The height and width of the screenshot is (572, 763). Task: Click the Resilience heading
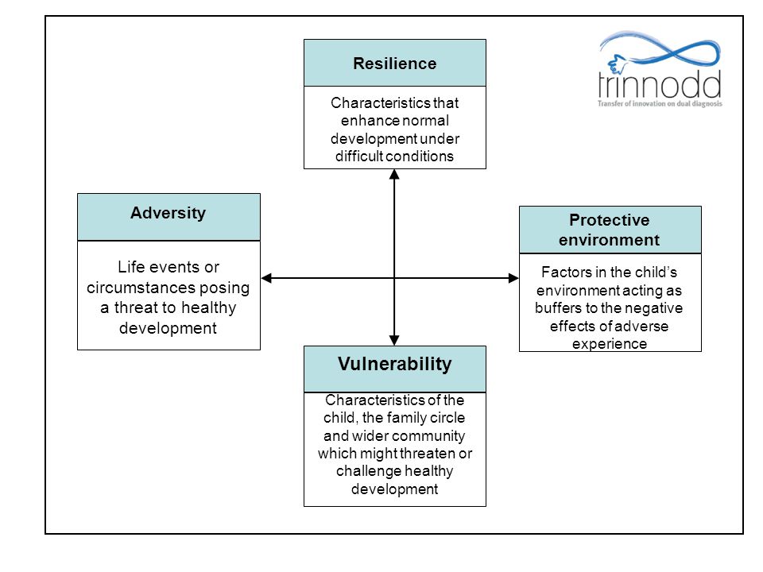point(395,64)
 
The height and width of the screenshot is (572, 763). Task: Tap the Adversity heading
point(168,213)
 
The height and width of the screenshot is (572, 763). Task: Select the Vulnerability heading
point(395,364)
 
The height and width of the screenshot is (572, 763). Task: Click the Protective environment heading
point(610,230)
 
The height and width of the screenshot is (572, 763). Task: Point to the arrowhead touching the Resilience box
point(394,174)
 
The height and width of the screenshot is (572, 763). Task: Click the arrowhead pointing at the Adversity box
point(266,278)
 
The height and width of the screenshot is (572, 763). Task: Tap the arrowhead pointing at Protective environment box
point(514,278)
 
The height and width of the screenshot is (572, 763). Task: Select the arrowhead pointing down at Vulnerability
point(394,341)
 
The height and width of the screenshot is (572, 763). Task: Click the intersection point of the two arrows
point(394,278)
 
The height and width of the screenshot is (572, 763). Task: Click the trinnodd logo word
point(660,85)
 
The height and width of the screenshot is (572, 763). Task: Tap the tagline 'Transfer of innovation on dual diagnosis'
point(660,103)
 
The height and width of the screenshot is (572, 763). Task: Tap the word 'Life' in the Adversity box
point(131,267)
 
